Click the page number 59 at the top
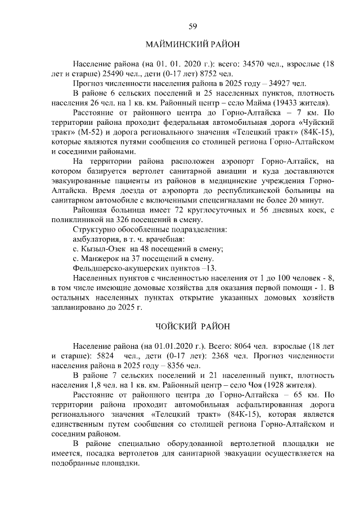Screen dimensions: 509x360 (x=192, y=26)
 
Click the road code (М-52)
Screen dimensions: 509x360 (x=109, y=133)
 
